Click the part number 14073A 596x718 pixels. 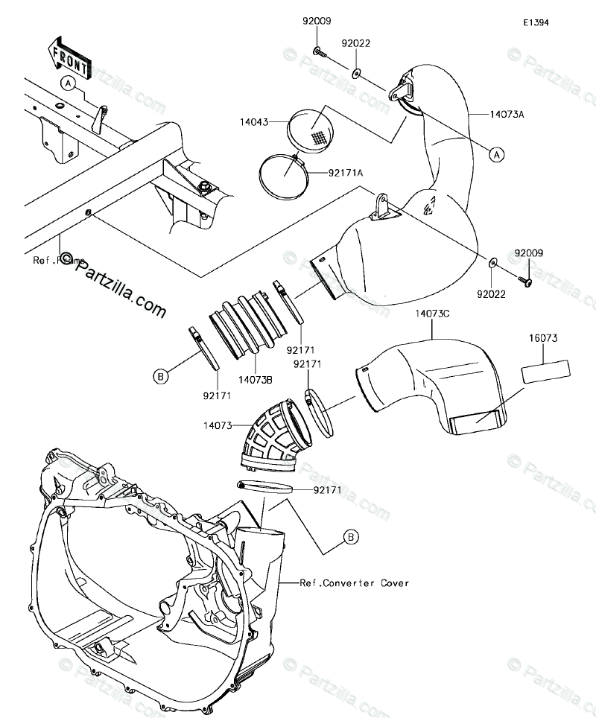(507, 115)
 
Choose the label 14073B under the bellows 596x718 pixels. (256, 380)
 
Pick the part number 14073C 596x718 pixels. (434, 314)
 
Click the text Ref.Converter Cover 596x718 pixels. (355, 583)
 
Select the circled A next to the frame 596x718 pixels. (69, 83)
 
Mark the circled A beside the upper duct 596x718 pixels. (495, 154)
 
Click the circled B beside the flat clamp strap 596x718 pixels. (159, 378)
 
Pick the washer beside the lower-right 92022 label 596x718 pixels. (493, 263)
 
